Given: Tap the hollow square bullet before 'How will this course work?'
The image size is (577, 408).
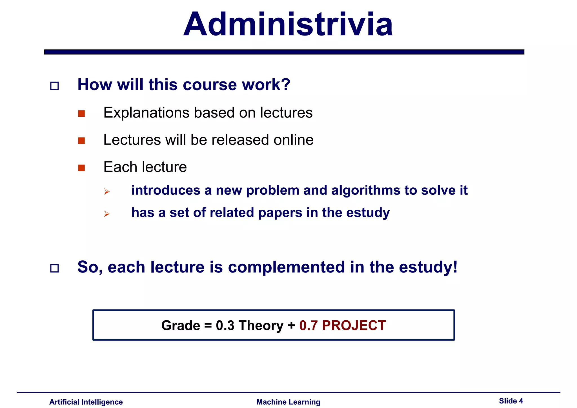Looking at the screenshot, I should (x=54, y=86).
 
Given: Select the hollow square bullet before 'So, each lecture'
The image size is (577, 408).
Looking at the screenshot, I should (x=54, y=268).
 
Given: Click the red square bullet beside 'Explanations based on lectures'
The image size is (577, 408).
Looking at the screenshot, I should (x=81, y=114).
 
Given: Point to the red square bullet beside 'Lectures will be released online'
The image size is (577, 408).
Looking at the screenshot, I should (x=81, y=141).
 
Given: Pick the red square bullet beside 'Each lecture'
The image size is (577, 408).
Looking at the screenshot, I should (x=81, y=168).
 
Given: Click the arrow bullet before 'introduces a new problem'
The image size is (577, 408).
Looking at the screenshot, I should (x=106, y=192).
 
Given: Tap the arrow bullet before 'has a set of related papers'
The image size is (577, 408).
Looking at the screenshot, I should (x=106, y=214).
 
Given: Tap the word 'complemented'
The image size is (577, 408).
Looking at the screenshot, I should (x=286, y=267).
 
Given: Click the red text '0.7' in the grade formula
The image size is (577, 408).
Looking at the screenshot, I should (x=308, y=325).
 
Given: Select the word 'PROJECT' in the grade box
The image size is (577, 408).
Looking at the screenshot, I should (x=354, y=325).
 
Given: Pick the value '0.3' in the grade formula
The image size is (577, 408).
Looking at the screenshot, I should (x=225, y=325).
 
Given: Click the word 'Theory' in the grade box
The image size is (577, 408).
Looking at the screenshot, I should (x=261, y=325).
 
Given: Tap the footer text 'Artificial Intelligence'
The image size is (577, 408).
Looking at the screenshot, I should (x=86, y=402).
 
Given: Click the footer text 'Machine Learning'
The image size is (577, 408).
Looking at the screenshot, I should (x=288, y=402).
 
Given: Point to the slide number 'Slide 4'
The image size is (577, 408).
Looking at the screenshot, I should (x=511, y=401).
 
